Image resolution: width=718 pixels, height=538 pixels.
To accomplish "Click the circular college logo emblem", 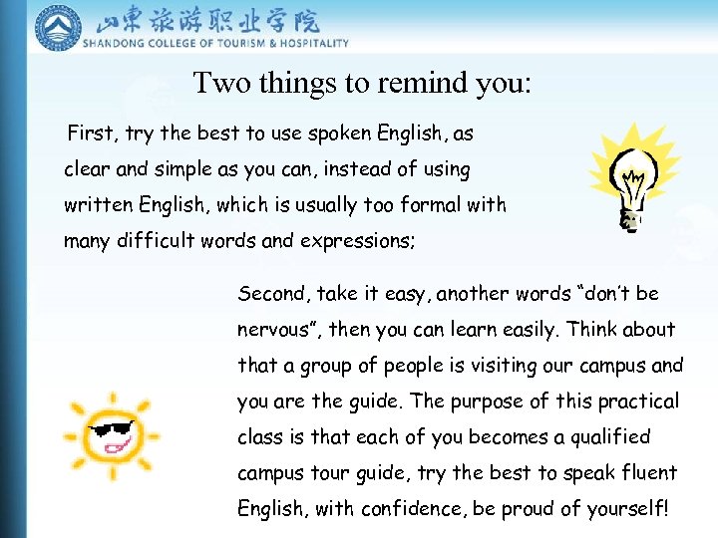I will pyautogui.click(x=58, y=28).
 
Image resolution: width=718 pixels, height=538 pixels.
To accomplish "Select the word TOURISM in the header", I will pyautogui.click(x=220, y=43).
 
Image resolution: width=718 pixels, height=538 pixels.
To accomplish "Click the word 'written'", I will pyautogui.click(x=98, y=205).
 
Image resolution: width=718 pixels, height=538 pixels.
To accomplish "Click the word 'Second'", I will pyautogui.click(x=272, y=294).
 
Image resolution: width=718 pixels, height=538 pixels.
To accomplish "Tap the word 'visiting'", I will pyautogui.click(x=500, y=366).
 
